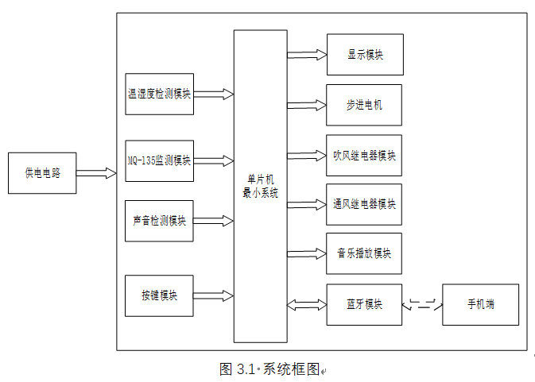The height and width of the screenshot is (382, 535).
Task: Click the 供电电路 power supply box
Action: point(42,172)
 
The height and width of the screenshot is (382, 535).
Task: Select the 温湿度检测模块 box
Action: point(159,94)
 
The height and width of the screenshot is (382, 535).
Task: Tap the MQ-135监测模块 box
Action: point(159,160)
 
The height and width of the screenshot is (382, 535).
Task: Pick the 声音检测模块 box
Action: point(159,221)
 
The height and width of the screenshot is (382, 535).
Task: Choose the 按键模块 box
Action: point(159,295)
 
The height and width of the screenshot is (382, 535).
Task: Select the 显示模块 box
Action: point(364,55)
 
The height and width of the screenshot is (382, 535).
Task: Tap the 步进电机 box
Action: point(364,105)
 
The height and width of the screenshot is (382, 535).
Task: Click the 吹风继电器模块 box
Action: point(364,155)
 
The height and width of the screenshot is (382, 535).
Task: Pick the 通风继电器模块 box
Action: point(364,204)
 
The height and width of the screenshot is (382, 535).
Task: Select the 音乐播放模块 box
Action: point(364,254)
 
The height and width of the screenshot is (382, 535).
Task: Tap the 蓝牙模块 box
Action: point(364,304)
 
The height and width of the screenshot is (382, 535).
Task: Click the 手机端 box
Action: point(480,304)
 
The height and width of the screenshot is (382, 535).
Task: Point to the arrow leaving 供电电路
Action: point(96,172)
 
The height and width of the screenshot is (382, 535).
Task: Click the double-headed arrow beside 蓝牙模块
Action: point(307,304)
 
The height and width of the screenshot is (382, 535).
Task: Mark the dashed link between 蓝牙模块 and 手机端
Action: point(422,304)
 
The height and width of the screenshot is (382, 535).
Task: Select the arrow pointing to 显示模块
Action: point(307,55)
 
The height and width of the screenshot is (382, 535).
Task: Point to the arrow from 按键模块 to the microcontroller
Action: point(214,296)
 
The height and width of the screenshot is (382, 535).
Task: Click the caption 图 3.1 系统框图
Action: point(270,369)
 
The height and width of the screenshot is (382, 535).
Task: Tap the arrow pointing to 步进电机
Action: point(307,105)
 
